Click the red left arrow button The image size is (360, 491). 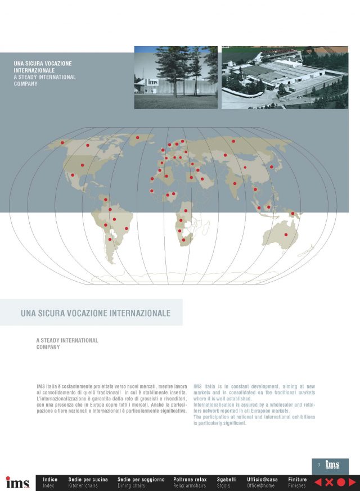(318, 482)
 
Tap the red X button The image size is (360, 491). (330, 482)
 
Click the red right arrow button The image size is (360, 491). (352, 482)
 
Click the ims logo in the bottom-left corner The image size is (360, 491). (17, 483)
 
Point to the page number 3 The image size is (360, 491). (318, 465)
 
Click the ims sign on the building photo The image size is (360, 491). (152, 83)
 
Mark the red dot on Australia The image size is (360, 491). (286, 234)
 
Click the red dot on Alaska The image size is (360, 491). (62, 142)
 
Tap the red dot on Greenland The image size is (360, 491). (137, 137)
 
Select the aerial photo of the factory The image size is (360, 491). (285, 78)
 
